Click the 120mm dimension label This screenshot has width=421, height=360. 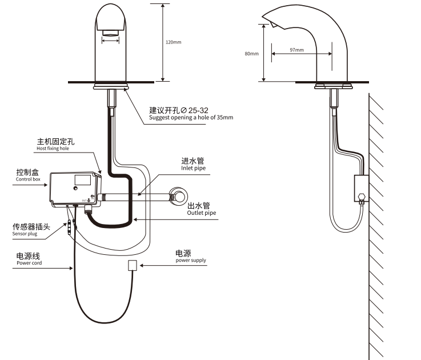[x=174, y=42]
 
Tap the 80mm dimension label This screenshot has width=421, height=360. [x=252, y=53]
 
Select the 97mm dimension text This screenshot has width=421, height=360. [x=296, y=50]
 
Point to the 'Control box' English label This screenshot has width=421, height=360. [x=29, y=179]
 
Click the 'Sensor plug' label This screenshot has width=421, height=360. [x=26, y=234]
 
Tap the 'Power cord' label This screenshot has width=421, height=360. [x=29, y=263]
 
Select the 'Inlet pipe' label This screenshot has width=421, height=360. [x=193, y=169]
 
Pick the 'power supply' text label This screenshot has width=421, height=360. [x=191, y=260]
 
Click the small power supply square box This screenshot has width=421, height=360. [x=133, y=265]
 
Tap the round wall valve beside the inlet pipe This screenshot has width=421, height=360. [x=179, y=196]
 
